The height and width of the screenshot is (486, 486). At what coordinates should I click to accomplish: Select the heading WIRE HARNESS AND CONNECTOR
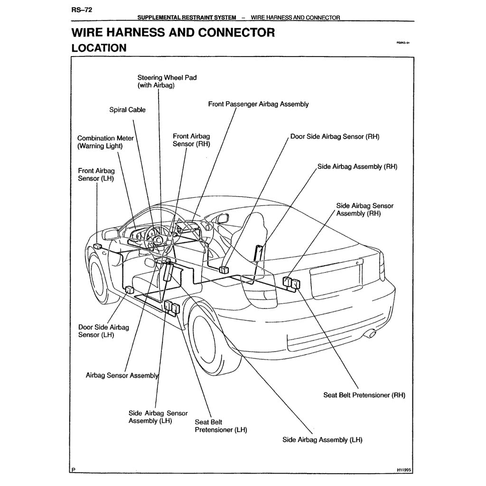(173, 33)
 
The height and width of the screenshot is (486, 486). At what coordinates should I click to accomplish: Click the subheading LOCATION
(99, 48)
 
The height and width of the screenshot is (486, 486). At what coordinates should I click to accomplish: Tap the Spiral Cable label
(128, 110)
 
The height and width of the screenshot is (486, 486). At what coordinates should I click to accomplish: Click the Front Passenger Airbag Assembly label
(258, 104)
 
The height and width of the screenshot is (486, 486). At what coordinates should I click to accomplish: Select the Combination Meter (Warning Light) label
(105, 142)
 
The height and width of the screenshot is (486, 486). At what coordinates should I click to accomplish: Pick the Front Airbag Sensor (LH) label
(96, 174)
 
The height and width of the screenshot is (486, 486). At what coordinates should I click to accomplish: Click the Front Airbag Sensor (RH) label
(191, 140)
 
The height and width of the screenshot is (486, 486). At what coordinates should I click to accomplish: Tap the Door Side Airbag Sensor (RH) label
(335, 137)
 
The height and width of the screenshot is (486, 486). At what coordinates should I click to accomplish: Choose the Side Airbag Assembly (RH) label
(357, 167)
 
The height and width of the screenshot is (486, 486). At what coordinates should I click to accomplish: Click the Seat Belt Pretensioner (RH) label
(364, 395)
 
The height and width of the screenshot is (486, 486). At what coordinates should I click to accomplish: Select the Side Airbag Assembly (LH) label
(322, 439)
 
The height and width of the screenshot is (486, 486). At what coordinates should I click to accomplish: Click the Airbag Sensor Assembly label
(121, 375)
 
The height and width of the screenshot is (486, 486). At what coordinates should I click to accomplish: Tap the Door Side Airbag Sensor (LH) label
(103, 331)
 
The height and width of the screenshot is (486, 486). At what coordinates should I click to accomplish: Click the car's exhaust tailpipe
(370, 335)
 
